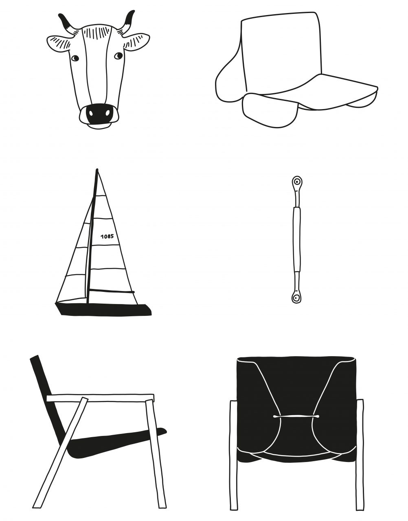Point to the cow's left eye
pos(75,58)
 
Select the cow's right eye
pos(118,56)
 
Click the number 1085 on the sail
pos(107,236)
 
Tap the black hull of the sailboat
pos(103,309)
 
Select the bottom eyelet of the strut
pos(297,298)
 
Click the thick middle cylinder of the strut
pos(297,239)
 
